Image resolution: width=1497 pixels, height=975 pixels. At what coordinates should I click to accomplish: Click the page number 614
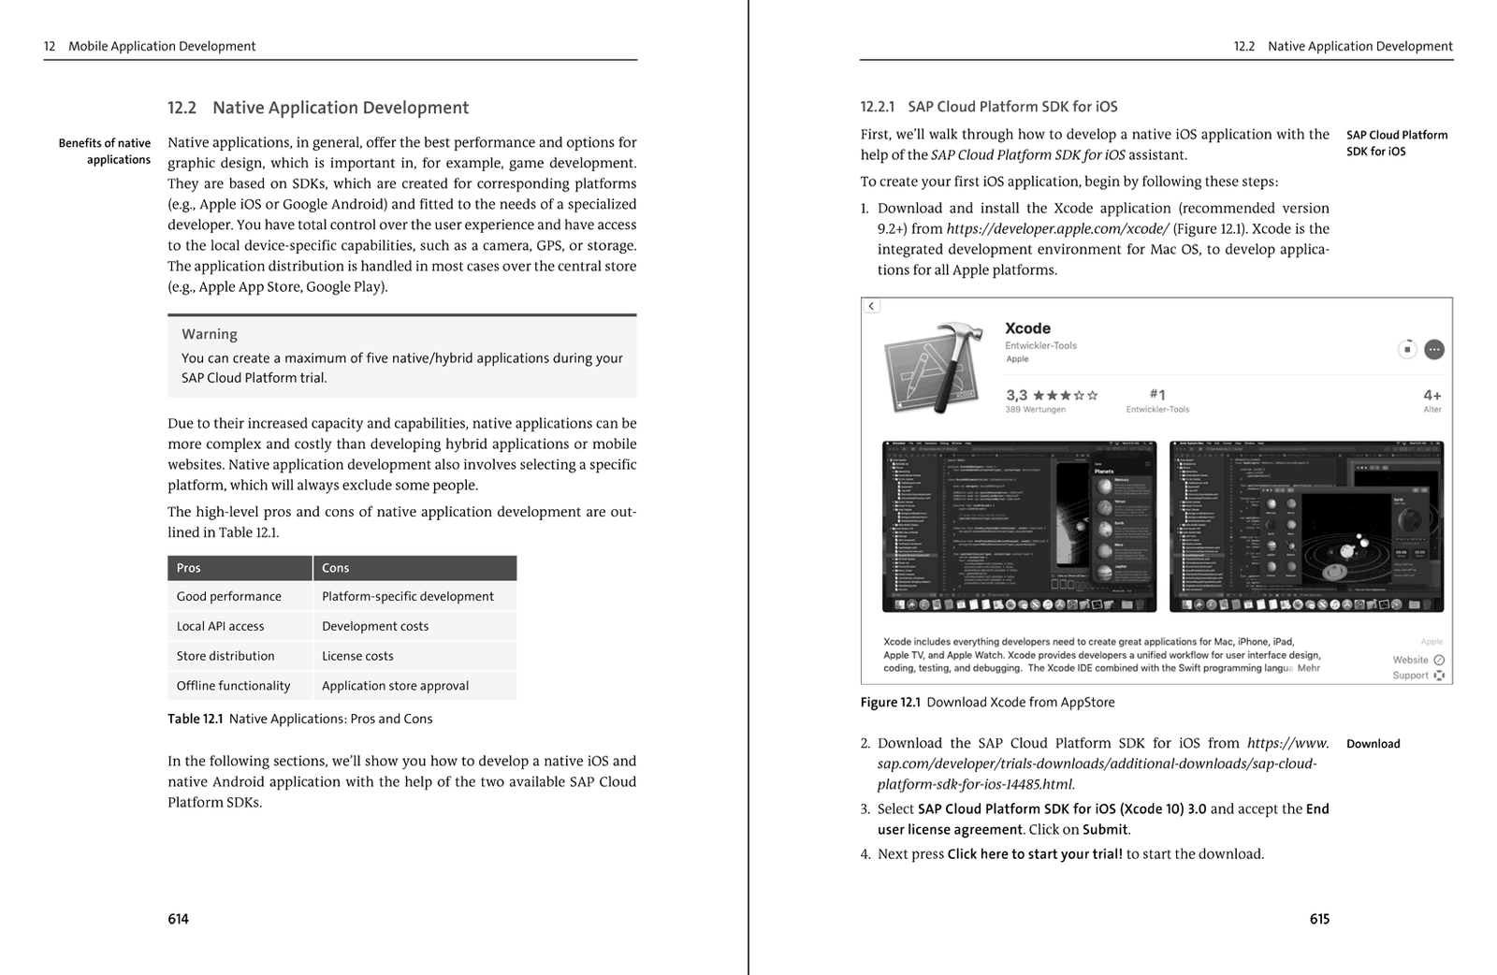(x=178, y=919)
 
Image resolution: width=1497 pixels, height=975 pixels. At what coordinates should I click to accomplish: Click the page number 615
(x=1319, y=919)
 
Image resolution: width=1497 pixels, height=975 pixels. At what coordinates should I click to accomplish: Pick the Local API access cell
(x=221, y=626)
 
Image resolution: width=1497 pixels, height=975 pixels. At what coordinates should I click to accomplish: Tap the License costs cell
(x=357, y=656)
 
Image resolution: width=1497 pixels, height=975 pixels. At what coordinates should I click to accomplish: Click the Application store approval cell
(x=395, y=686)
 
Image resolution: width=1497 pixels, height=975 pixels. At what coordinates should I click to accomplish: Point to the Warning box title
(x=210, y=334)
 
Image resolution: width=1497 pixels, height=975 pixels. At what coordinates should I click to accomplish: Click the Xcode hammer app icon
(x=934, y=368)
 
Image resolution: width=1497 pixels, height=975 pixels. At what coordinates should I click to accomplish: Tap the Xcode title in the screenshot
(x=1027, y=328)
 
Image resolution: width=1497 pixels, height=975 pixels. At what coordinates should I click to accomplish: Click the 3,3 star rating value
(x=1016, y=395)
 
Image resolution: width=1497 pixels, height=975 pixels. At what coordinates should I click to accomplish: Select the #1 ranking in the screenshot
(x=1157, y=395)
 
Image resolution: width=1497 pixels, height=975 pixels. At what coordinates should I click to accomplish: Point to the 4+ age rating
(x=1432, y=395)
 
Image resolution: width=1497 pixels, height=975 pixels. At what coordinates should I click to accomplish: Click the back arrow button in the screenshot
(x=872, y=306)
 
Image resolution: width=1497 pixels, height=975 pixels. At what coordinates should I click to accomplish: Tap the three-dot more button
(x=1434, y=349)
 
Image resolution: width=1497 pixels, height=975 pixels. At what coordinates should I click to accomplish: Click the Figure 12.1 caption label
(x=891, y=702)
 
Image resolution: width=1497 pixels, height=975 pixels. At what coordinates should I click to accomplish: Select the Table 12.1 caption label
(x=196, y=719)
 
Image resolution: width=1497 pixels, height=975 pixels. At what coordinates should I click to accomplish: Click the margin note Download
(x=1373, y=744)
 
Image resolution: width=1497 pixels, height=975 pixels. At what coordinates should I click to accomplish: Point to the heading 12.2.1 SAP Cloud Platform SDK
(x=989, y=107)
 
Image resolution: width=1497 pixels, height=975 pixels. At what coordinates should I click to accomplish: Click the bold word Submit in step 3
(x=1106, y=829)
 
